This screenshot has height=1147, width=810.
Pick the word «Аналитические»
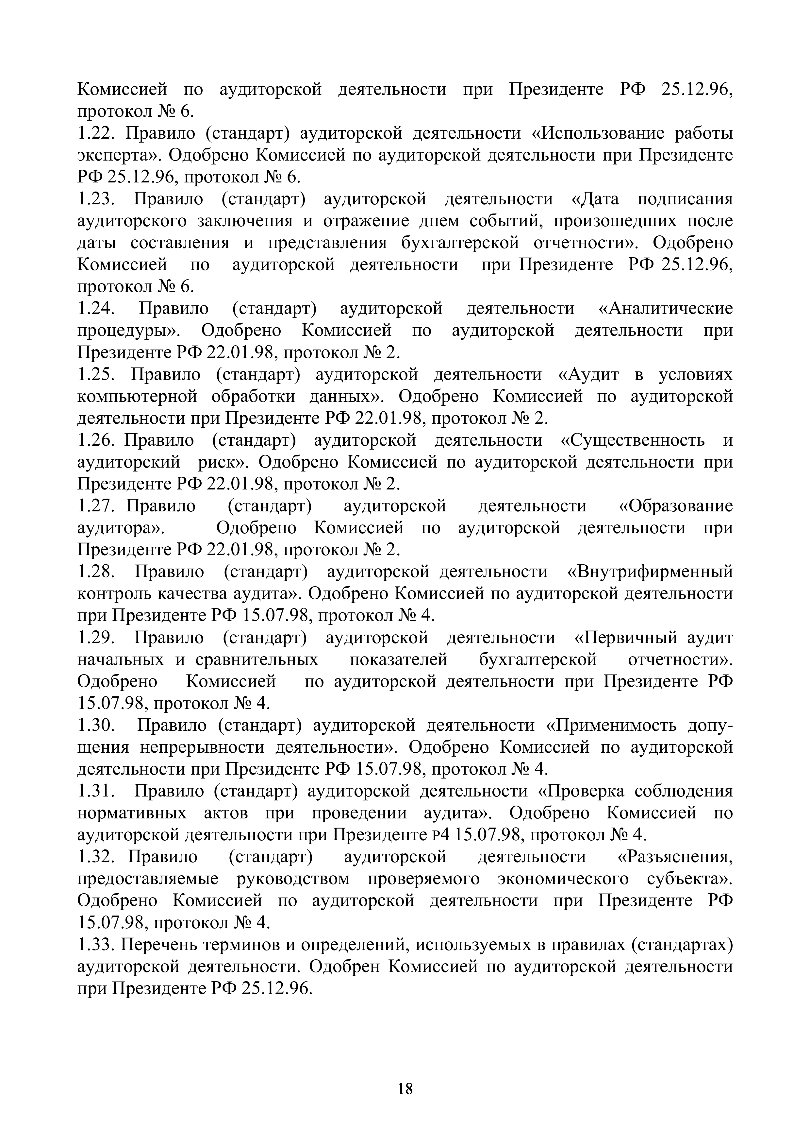(x=665, y=309)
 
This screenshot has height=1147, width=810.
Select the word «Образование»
(x=676, y=506)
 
